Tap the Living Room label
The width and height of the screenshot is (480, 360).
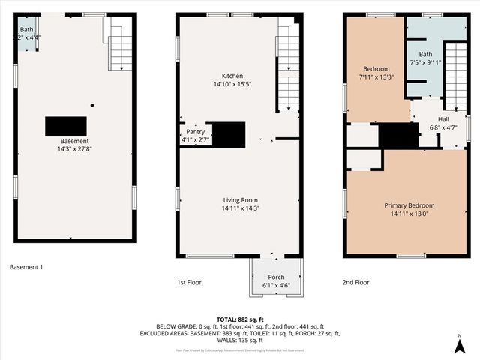click(x=240, y=200)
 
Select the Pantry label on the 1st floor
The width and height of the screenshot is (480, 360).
click(x=195, y=130)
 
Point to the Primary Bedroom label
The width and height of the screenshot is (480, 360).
click(x=409, y=205)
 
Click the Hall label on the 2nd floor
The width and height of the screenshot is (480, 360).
click(x=443, y=119)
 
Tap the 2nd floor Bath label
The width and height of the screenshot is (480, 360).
click(x=425, y=55)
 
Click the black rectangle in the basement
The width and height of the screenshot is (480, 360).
click(x=66, y=126)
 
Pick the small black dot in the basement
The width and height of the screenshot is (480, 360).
click(x=92, y=105)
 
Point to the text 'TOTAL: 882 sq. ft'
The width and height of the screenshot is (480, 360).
click(x=240, y=319)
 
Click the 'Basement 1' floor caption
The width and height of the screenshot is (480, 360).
click(x=27, y=267)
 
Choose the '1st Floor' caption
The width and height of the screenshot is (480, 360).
click(x=189, y=282)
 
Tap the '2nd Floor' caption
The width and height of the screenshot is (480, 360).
click(x=357, y=282)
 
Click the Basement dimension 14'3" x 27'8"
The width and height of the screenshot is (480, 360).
click(x=75, y=149)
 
